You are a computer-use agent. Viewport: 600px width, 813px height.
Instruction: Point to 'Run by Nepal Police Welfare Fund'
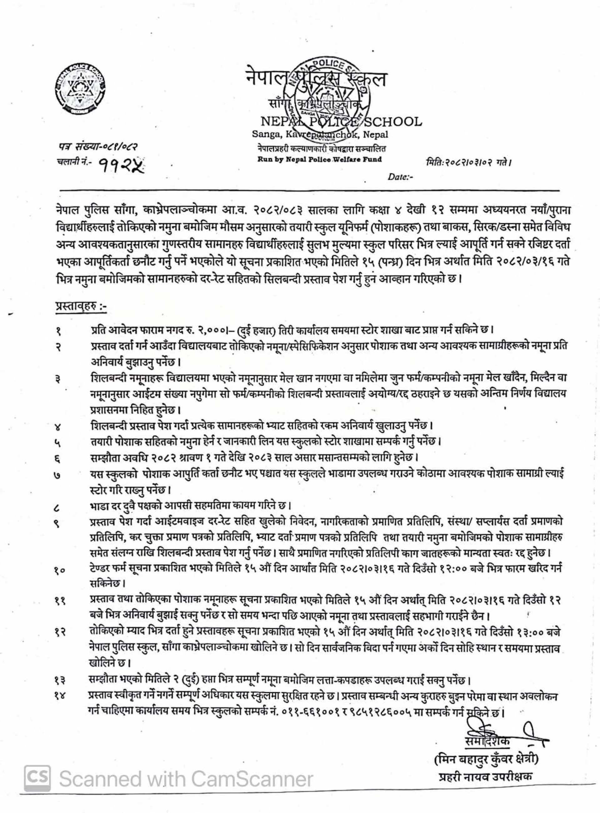pyautogui.click(x=320, y=159)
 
